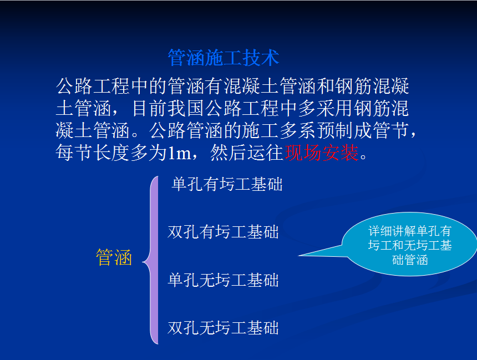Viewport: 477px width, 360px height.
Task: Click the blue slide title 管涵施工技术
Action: coord(224,58)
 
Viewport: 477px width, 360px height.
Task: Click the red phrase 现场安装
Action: coord(322,153)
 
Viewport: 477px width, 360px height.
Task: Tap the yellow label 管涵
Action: coord(114,257)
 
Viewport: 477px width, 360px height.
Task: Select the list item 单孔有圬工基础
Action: coord(227,184)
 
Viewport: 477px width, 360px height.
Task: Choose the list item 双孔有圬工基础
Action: coord(224,232)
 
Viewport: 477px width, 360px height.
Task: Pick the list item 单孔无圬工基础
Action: coord(224,280)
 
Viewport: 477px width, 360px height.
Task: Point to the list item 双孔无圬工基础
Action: coord(224,328)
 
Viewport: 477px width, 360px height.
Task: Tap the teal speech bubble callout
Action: coord(409,244)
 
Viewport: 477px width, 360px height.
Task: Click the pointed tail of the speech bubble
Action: coord(300,255)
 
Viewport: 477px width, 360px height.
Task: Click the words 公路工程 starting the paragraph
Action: coord(93,86)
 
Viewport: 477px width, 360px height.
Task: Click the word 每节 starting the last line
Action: coord(74,153)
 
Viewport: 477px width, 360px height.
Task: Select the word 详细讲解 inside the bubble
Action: coord(392,231)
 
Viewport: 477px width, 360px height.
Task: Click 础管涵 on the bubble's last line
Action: coord(410,260)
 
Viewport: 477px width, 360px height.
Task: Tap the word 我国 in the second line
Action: coord(186,108)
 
